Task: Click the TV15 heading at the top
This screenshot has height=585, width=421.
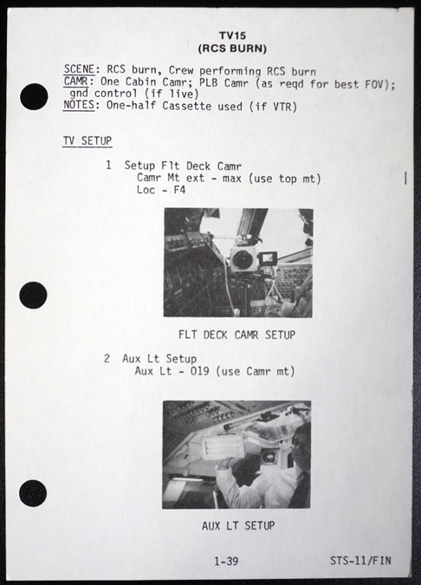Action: (x=232, y=36)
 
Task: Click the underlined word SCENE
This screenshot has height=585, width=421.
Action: (x=79, y=69)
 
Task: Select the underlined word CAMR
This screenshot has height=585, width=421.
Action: (x=75, y=81)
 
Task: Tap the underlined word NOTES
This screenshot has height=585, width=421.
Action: (x=79, y=105)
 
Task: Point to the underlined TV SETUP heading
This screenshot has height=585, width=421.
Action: (x=87, y=140)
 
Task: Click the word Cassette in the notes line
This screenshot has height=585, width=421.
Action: (x=187, y=106)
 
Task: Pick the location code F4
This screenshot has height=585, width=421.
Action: (x=179, y=190)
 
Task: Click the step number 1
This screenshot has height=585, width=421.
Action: (x=108, y=165)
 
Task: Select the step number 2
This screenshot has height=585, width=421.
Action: (x=107, y=359)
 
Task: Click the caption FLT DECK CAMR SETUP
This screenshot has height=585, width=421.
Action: (x=236, y=335)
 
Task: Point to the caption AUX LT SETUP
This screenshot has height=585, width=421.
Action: (x=238, y=526)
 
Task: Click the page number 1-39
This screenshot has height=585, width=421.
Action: (x=226, y=561)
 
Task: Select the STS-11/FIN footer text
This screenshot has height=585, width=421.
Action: (x=360, y=561)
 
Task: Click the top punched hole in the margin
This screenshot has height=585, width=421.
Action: (x=34, y=96)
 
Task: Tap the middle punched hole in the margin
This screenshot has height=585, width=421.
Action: (x=33, y=296)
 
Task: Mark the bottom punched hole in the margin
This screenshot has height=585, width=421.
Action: (x=33, y=493)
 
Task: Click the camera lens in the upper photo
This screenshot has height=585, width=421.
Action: (x=242, y=258)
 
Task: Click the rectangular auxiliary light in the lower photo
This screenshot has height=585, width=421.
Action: (x=223, y=446)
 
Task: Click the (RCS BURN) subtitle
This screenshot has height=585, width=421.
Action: (x=232, y=49)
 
